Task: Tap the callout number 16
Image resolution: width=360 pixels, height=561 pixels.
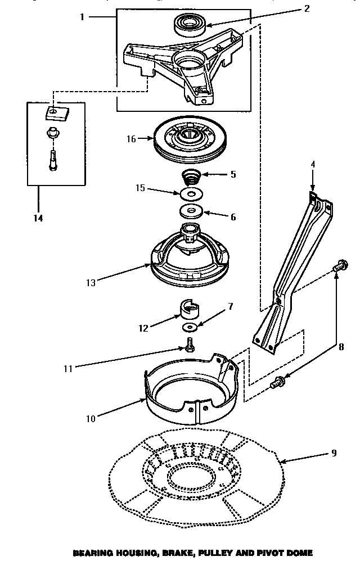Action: tap(131, 138)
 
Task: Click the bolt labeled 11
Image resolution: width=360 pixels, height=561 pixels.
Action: tap(190, 345)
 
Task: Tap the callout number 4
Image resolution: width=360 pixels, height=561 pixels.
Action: tap(312, 165)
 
